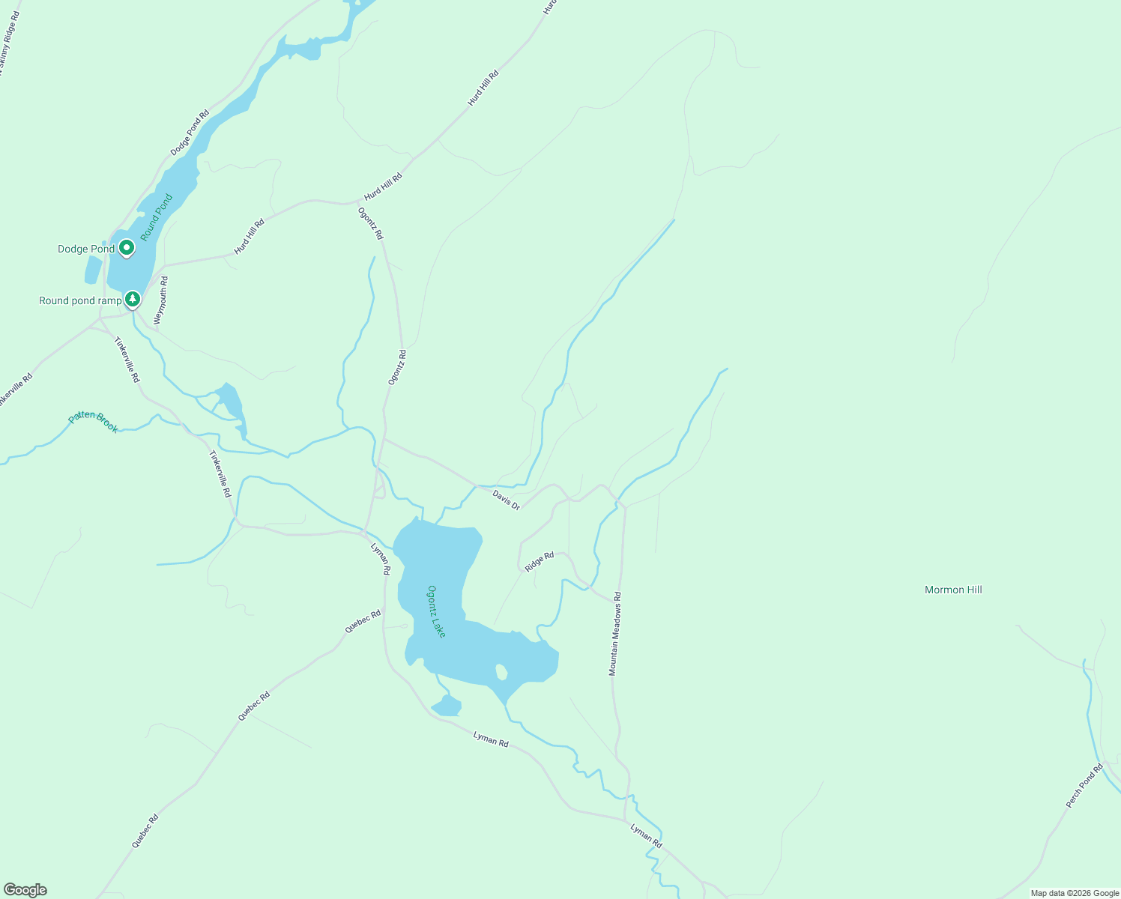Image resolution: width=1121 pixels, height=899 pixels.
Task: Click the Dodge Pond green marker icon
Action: coord(127,247)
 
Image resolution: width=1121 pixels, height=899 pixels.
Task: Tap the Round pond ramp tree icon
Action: coord(133,299)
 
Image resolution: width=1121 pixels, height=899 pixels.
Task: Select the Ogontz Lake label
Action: coord(436,611)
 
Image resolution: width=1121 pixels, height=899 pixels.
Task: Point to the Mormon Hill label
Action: coord(953,590)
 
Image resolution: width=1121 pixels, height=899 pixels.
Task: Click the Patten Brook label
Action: coord(94,422)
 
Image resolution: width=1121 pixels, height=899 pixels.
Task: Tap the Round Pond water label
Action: coord(156,217)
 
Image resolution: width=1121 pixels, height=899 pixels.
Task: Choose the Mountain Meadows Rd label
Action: coord(614,634)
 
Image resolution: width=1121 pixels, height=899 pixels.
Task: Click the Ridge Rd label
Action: coord(540,562)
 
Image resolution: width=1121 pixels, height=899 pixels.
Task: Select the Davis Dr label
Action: coord(506,500)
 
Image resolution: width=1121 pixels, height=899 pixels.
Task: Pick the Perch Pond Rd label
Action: coord(1084,785)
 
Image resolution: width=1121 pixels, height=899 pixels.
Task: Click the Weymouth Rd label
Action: coord(161,300)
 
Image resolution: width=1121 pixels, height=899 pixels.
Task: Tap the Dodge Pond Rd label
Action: coord(190,133)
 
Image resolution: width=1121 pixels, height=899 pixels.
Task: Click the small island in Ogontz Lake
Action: coord(501,672)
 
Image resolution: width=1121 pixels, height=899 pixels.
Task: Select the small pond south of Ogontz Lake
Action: coord(447,706)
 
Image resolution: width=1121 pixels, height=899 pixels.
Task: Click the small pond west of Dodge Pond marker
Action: coord(93,270)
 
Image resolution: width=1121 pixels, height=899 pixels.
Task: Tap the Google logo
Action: coord(25,890)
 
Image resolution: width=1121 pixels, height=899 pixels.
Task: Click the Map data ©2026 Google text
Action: coord(1074,893)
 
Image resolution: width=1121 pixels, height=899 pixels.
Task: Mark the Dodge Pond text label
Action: coord(86,249)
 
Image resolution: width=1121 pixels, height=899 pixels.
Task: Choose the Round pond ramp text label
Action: coord(80,300)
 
